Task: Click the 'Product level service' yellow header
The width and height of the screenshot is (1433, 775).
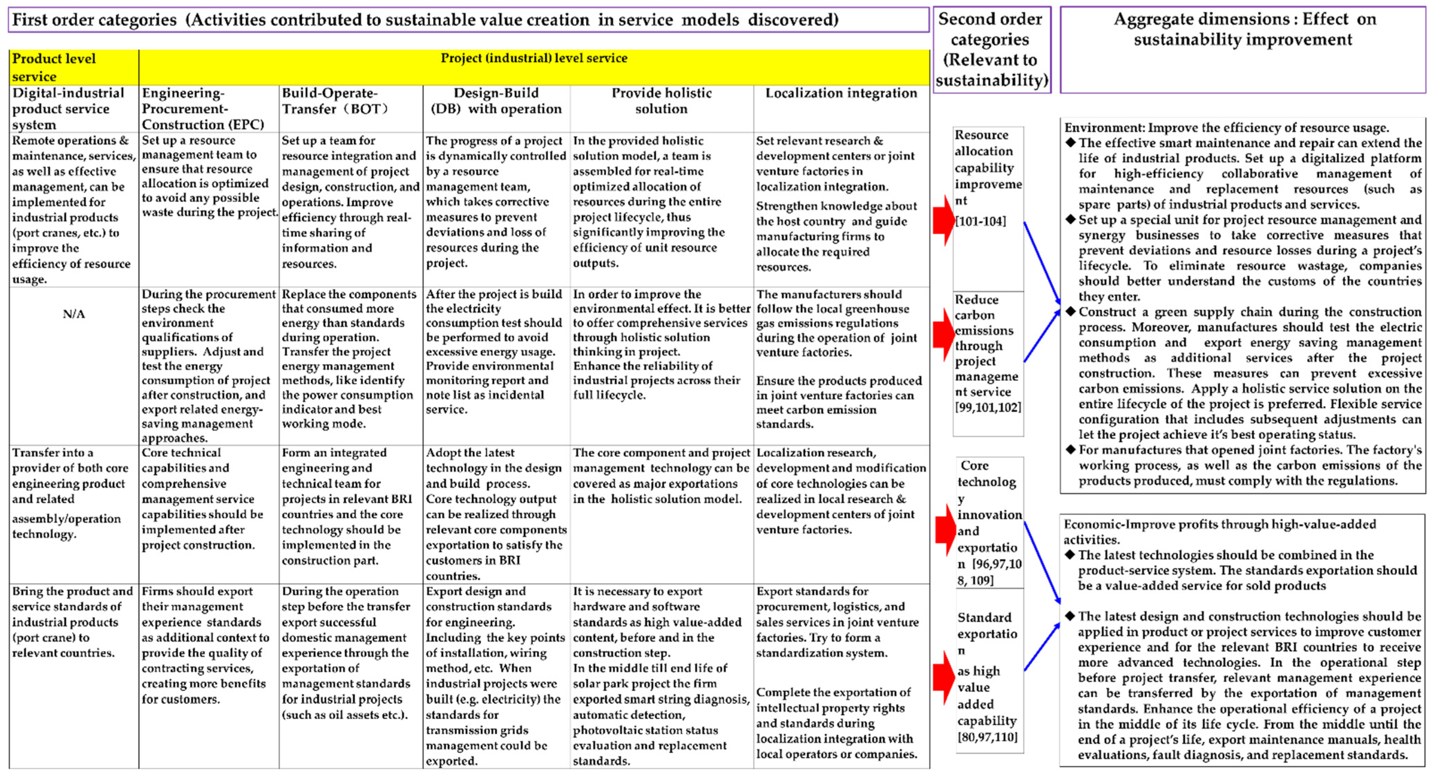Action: click(x=54, y=67)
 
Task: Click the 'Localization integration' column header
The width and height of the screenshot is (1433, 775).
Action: click(x=840, y=93)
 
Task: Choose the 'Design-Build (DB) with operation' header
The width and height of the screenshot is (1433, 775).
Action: click(x=496, y=101)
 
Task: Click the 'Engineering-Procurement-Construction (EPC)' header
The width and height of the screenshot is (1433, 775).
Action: click(x=203, y=108)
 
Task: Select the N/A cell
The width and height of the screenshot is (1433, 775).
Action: click(x=74, y=314)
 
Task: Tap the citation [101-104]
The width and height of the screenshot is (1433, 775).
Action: click(x=980, y=221)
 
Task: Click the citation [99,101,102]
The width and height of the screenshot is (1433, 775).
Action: click(x=988, y=407)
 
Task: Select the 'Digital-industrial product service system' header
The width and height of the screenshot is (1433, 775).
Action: click(x=68, y=108)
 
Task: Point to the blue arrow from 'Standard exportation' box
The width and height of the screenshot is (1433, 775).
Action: click(x=1041, y=647)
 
